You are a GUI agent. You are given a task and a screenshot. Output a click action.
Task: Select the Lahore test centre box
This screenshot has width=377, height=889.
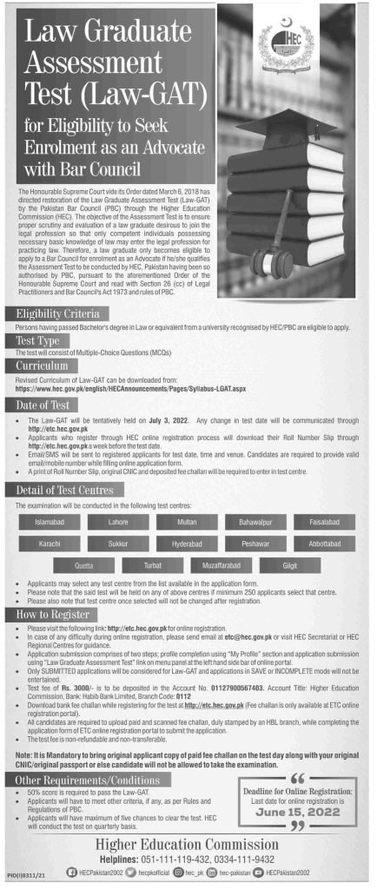118,522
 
